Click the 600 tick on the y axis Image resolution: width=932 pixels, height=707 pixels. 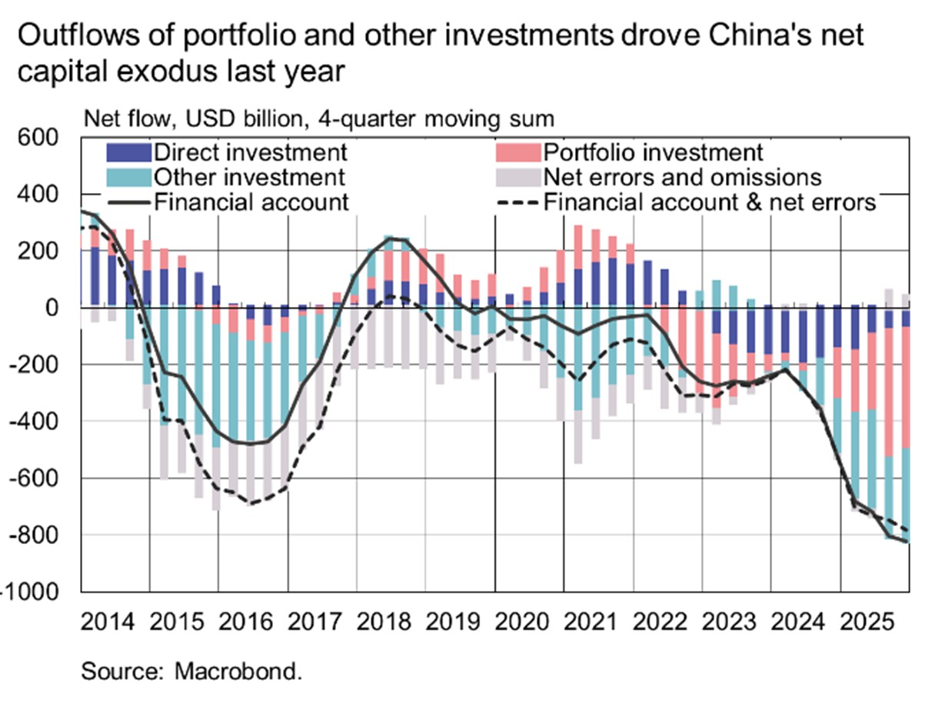tap(40, 138)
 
